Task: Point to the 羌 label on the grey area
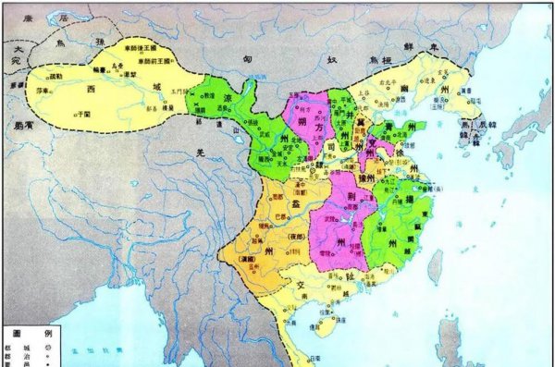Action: tap(197, 156)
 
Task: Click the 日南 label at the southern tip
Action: tap(316, 358)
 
